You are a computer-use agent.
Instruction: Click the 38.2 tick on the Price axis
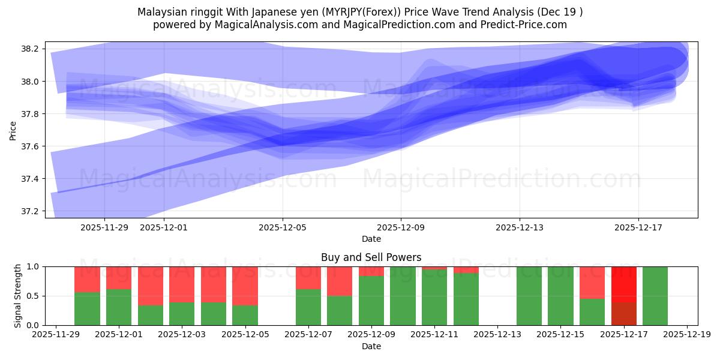tap(30, 49)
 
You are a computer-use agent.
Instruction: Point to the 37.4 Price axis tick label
tap(30, 179)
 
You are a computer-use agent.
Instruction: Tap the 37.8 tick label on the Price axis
tap(30, 114)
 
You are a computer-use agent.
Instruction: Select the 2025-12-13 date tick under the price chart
tap(520, 227)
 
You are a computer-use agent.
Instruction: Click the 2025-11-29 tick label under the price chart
tap(104, 227)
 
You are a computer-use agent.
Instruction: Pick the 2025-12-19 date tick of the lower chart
tap(687, 335)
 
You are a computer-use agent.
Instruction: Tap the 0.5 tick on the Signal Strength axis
tap(34, 296)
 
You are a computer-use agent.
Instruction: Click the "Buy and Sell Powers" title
tap(371, 257)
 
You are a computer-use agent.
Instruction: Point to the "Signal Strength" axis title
tap(17, 295)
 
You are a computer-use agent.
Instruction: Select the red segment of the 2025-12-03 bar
tap(182, 284)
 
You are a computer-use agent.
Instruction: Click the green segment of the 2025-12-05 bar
tap(245, 315)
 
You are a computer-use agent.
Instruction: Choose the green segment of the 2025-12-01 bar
tap(119, 307)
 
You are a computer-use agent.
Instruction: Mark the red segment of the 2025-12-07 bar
tap(308, 277)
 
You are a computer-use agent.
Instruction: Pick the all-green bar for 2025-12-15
tap(560, 296)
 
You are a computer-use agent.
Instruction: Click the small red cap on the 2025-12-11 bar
tap(434, 268)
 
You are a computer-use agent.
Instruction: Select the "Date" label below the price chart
tap(371, 239)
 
